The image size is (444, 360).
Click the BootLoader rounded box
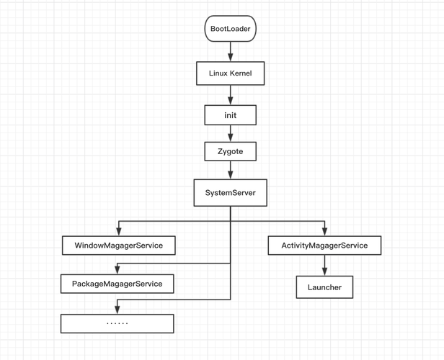[231, 30]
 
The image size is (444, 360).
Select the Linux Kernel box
[231, 73]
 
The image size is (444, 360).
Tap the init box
[231, 115]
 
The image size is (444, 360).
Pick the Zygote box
[231, 152]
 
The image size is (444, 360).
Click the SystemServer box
[231, 193]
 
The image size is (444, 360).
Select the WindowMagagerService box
[118, 246]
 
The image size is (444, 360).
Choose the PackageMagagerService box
[117, 284]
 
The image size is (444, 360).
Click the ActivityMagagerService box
[324, 246]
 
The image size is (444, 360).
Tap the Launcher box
[324, 287]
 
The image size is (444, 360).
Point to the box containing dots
[117, 323]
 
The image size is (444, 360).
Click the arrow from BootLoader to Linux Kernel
[231, 51]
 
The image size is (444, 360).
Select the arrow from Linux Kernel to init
[231, 94]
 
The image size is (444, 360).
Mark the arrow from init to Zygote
[231, 133]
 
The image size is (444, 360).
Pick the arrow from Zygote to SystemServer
[231, 171]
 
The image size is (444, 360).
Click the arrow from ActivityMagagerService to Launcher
[324, 266]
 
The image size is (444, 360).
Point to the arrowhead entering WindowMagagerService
[118, 230]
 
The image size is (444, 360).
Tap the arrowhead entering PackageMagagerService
[117, 269]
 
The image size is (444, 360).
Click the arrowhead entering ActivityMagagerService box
[324, 230]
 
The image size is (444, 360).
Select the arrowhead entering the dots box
[117, 309]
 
